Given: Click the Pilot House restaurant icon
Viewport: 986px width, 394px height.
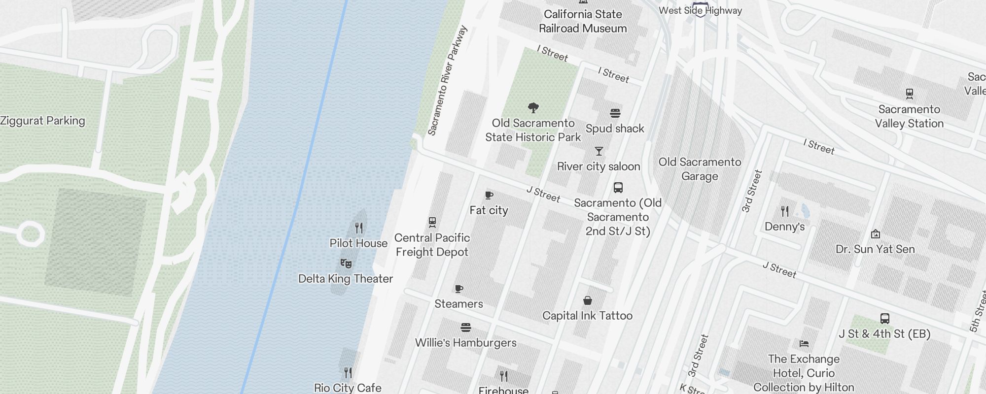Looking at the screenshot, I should pyautogui.click(x=359, y=228).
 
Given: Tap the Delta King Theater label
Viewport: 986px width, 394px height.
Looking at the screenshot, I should pyautogui.click(x=346, y=279).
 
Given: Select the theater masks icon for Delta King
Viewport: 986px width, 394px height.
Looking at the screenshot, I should pyautogui.click(x=346, y=263).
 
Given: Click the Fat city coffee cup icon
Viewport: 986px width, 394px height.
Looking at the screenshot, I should pyautogui.click(x=489, y=195).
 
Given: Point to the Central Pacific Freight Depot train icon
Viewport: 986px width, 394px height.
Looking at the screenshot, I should pyautogui.click(x=432, y=222).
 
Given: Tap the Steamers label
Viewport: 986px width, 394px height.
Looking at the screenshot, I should pyautogui.click(x=458, y=304).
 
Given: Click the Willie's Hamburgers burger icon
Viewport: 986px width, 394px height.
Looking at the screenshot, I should pyautogui.click(x=466, y=327).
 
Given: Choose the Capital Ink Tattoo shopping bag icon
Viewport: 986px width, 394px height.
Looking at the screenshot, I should pyautogui.click(x=587, y=300).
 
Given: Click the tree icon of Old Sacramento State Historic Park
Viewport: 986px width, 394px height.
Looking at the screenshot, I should pyautogui.click(x=533, y=107).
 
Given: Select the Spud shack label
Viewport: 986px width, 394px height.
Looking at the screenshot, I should pyautogui.click(x=615, y=129).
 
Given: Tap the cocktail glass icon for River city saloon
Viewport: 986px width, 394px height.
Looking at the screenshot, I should pyautogui.click(x=599, y=151).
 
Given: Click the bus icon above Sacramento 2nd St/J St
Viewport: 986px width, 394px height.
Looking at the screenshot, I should pyautogui.click(x=618, y=187).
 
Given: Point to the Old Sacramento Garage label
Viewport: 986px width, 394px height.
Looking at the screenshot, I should pyautogui.click(x=700, y=169).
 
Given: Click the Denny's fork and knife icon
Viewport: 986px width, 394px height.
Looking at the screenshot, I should pyautogui.click(x=785, y=211).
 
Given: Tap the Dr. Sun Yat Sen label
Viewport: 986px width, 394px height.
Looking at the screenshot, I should pyautogui.click(x=875, y=249).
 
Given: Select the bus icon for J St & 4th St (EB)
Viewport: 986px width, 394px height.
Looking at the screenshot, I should pyautogui.click(x=885, y=319).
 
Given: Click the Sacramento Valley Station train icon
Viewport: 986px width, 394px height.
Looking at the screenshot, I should pyautogui.click(x=910, y=94).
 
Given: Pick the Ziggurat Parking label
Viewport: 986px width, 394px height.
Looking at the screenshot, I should pyautogui.click(x=43, y=121).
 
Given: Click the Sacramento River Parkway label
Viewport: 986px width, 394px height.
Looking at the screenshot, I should pyautogui.click(x=447, y=81).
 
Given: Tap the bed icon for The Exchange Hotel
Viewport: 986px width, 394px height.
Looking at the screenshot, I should pyautogui.click(x=804, y=343).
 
